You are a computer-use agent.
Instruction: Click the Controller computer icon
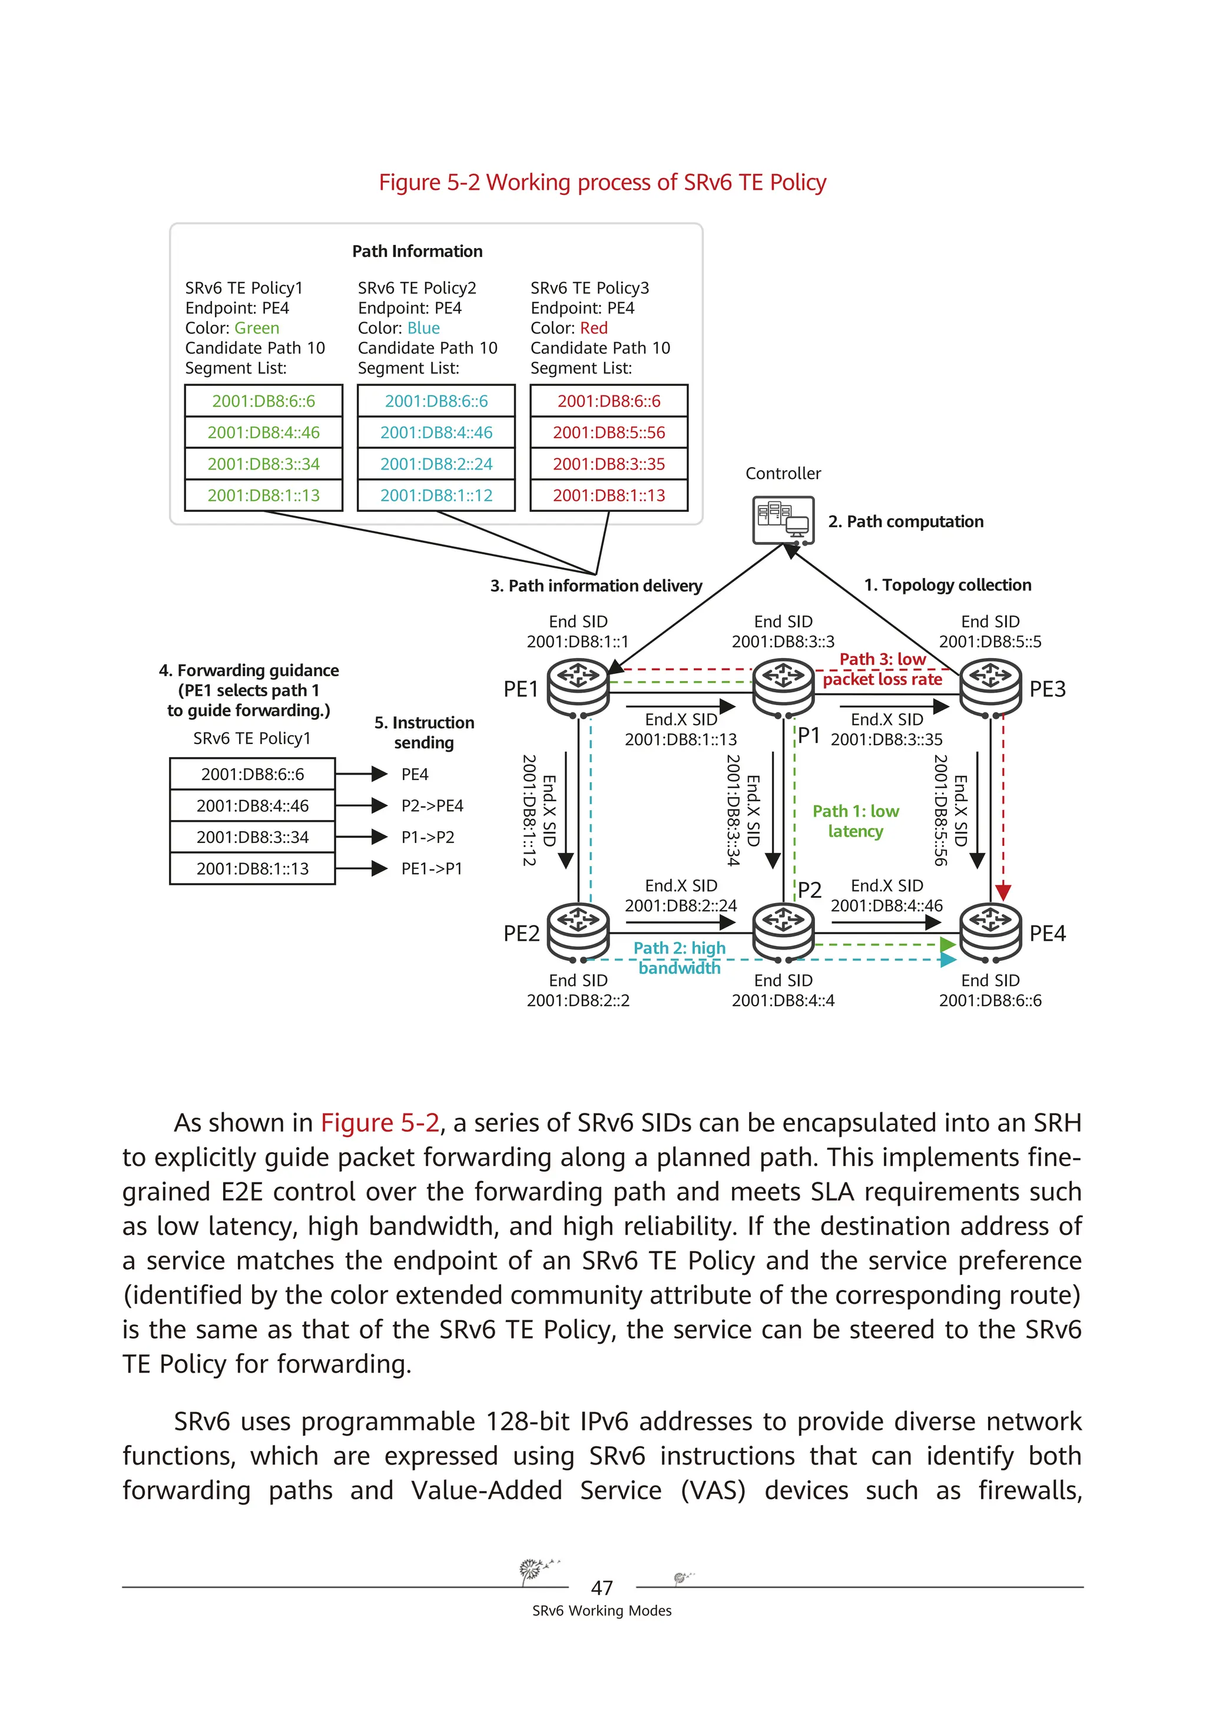point(783,520)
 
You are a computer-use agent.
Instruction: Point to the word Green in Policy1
point(257,328)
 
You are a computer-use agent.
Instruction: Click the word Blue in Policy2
point(423,328)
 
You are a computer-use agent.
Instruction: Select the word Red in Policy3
point(594,328)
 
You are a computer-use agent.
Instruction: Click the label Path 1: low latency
point(856,821)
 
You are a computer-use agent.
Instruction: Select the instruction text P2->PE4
point(432,805)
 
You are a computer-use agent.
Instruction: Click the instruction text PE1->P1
point(432,869)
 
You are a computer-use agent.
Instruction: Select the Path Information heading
point(417,252)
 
